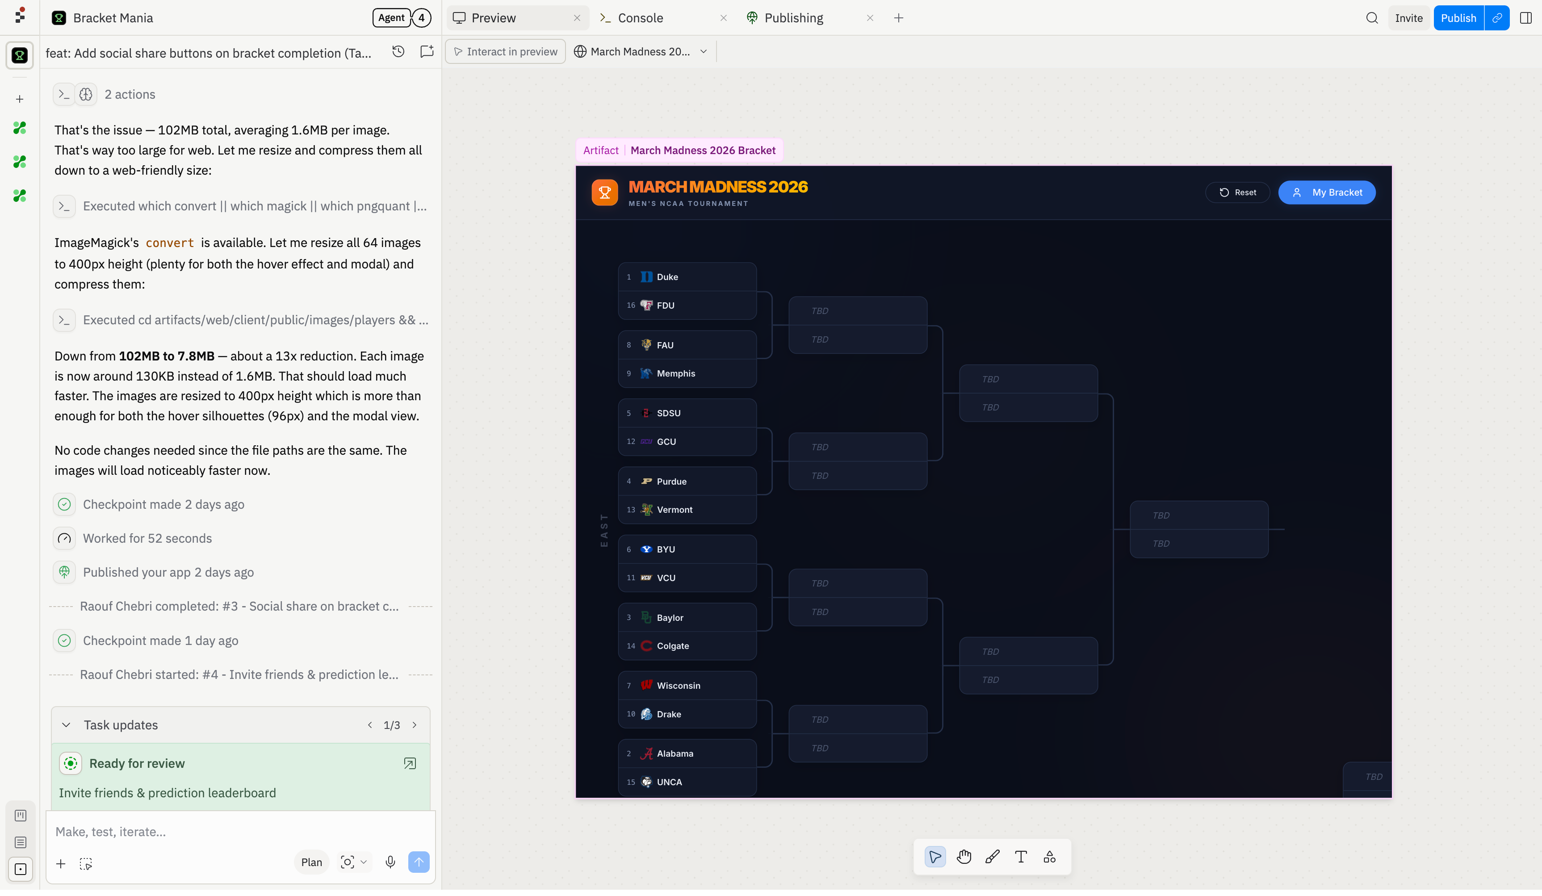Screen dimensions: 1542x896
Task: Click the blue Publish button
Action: click(x=1458, y=18)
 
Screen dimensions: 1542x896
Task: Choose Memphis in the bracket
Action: click(x=687, y=373)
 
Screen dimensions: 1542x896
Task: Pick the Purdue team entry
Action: click(x=687, y=481)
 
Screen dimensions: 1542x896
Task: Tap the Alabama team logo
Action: click(x=646, y=754)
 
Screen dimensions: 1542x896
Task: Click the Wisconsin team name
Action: click(x=679, y=686)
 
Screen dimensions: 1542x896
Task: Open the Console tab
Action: click(x=640, y=18)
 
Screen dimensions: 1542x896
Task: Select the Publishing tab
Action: click(x=794, y=18)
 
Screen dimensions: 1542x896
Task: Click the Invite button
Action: click(x=1408, y=18)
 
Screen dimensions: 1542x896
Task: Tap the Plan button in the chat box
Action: click(x=311, y=863)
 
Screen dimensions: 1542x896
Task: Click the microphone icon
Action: click(x=390, y=863)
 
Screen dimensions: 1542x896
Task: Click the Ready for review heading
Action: click(x=137, y=764)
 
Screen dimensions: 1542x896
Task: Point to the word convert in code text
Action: click(x=169, y=243)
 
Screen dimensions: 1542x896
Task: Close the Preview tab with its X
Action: click(x=577, y=18)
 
